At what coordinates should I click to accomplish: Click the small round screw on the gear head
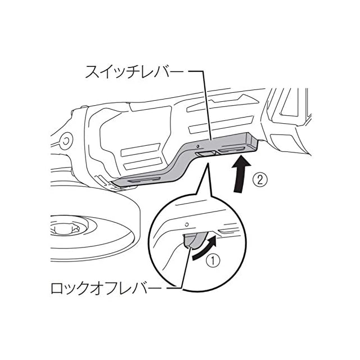click(65, 139)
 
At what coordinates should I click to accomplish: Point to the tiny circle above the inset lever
click(186, 223)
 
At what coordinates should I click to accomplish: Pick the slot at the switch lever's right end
click(233, 150)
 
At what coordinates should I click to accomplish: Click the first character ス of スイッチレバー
click(89, 72)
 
